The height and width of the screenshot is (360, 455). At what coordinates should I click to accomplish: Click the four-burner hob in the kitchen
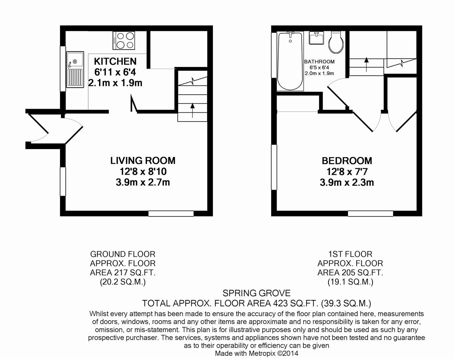click(124, 41)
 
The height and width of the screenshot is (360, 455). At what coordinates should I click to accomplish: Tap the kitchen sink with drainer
click(75, 70)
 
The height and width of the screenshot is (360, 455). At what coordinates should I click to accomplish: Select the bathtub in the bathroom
click(290, 61)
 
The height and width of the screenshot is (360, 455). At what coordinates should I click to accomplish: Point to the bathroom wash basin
click(316, 38)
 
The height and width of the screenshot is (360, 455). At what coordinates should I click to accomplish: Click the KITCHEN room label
click(115, 61)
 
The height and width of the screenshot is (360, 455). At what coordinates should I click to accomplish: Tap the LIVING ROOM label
click(143, 161)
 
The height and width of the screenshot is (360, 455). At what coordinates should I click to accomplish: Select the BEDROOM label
click(347, 161)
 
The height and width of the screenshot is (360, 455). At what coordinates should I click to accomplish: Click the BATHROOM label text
click(319, 62)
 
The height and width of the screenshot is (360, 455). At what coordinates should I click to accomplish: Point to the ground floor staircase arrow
click(192, 110)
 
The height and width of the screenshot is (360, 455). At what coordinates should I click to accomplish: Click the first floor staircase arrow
click(366, 64)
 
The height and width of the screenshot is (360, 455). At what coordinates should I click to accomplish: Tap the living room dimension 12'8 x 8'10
click(143, 172)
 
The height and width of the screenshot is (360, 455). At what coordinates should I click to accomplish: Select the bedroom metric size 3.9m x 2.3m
click(347, 182)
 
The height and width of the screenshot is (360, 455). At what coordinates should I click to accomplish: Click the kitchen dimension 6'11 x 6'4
click(115, 72)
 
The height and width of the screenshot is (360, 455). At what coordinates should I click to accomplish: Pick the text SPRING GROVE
click(256, 293)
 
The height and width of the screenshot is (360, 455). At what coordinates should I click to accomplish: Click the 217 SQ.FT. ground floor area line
click(123, 273)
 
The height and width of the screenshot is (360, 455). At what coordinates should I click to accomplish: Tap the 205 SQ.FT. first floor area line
click(350, 273)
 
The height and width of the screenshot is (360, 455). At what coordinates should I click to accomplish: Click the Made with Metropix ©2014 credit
click(256, 353)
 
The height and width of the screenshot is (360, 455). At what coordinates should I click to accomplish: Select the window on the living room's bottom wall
click(171, 213)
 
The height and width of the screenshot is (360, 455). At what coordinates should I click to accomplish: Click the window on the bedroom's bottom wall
click(370, 213)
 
